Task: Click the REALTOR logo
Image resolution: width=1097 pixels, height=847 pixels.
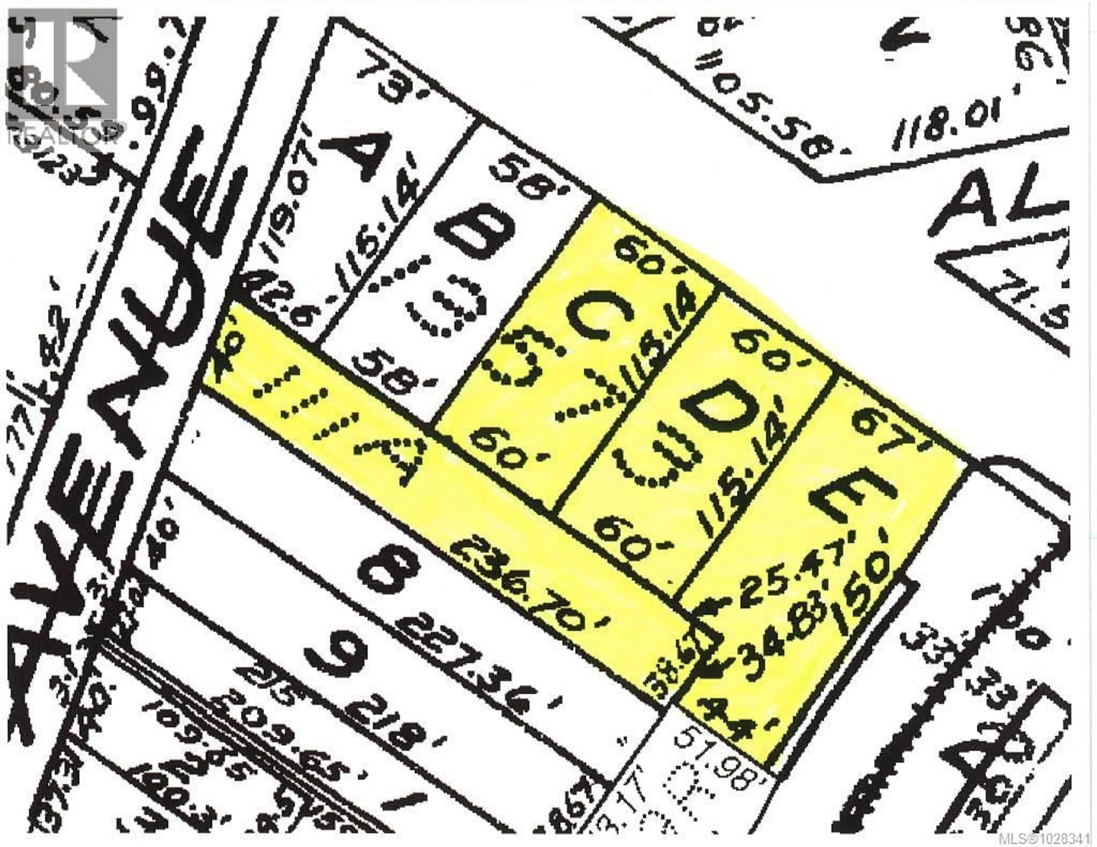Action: coord(63,80)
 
